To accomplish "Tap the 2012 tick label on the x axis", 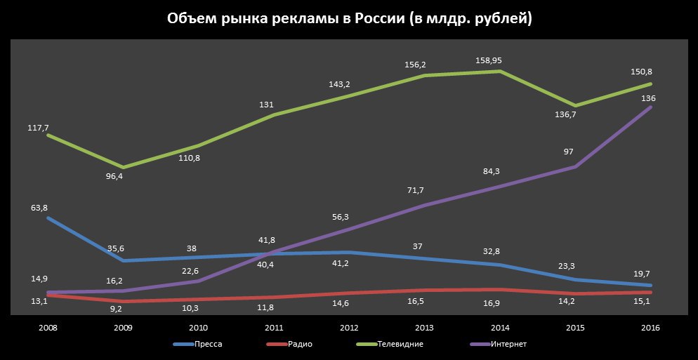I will (349, 328).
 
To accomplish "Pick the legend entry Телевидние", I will (400, 344).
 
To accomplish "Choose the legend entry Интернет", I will (509, 344).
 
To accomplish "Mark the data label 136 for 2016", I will (649, 98).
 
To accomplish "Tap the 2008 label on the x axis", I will (48, 328).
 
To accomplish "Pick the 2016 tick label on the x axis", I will (651, 328).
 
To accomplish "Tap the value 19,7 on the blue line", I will (645, 272).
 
